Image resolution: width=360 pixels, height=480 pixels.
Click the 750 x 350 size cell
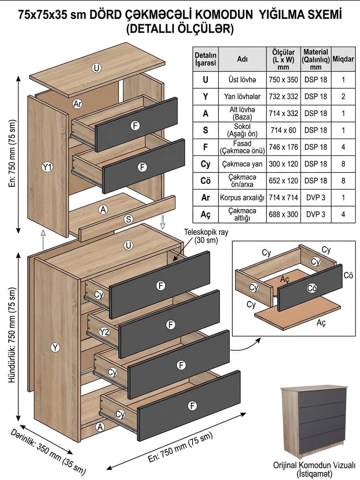tap(284, 80)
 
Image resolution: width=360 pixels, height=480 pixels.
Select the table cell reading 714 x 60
tap(284, 131)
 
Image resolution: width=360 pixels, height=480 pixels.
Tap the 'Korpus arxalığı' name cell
tap(242, 198)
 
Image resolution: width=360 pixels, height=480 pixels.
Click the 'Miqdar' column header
tap(343, 59)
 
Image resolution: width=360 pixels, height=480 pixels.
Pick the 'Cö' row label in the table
tap(205, 181)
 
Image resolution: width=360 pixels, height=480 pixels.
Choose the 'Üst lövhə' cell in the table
tap(242, 80)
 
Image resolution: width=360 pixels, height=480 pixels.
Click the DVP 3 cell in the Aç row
tap(316, 214)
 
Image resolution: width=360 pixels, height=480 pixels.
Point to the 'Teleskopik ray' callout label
tap(206, 236)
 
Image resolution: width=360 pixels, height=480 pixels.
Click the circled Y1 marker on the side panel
tap(47, 167)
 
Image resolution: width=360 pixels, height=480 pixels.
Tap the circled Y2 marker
tap(105, 332)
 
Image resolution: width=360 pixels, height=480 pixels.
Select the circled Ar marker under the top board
tap(78, 104)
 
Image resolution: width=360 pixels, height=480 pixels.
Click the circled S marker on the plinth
tap(129, 219)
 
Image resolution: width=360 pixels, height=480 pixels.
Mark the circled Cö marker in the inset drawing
tap(312, 288)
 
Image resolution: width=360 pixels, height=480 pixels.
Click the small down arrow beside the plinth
tap(163, 222)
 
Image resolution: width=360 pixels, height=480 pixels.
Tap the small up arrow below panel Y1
tap(43, 240)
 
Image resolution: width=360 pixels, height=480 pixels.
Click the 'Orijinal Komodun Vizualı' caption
tap(314, 465)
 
